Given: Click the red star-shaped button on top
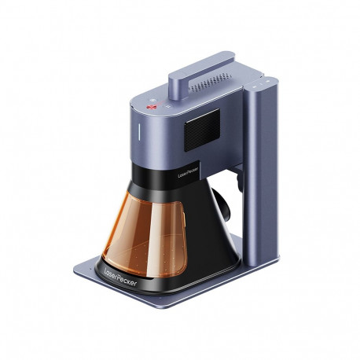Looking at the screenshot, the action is click(x=151, y=107).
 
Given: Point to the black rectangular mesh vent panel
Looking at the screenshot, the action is click(x=202, y=130).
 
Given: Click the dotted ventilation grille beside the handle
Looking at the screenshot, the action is click(x=211, y=82).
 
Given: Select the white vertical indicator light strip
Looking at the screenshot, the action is click(x=139, y=131).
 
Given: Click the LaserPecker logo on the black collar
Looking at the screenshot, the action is click(x=188, y=173).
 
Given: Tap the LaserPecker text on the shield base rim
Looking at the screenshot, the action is click(x=120, y=277).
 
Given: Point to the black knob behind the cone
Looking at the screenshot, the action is click(x=222, y=204).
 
